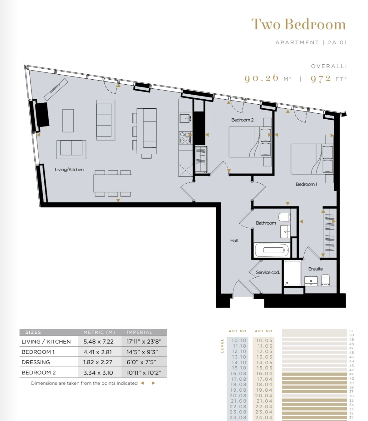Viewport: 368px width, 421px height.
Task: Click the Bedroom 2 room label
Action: tap(243, 120)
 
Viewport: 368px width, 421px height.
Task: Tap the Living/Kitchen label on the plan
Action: tap(69, 170)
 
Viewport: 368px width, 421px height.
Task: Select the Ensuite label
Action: tap(315, 269)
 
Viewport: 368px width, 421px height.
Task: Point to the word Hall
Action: tap(234, 241)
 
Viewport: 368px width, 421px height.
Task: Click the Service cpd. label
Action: tap(268, 272)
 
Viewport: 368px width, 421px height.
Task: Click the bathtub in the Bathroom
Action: tap(272, 250)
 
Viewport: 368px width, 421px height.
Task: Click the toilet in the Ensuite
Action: tap(325, 280)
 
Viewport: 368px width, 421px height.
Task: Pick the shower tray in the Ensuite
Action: tap(292, 273)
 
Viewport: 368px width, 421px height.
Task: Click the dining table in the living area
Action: tap(113, 183)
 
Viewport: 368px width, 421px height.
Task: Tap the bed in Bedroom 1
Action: tap(312, 159)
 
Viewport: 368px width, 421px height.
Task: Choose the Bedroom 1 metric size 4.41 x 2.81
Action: tap(97, 352)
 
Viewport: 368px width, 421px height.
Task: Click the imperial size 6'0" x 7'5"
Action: tap(141, 362)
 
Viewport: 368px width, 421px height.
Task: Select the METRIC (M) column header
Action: tap(99, 332)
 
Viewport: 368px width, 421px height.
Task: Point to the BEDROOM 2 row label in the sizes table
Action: tap(39, 373)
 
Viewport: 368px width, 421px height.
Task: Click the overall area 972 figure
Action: tap(321, 79)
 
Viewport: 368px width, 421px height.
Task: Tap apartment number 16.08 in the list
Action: tap(238, 374)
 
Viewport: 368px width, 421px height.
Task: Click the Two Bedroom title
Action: tap(299, 25)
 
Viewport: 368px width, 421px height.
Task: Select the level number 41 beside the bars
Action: tap(351, 374)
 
